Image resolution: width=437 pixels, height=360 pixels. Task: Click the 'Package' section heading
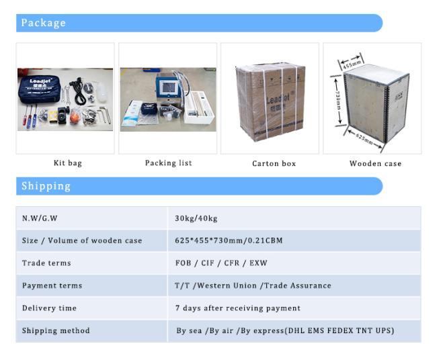pyautogui.click(x=44, y=23)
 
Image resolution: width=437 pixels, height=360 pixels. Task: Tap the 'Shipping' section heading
pyautogui.click(x=46, y=186)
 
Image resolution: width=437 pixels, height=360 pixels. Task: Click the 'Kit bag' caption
pyautogui.click(x=67, y=163)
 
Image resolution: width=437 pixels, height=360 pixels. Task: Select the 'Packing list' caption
pyautogui.click(x=168, y=163)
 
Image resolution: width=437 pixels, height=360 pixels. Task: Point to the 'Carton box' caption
pyautogui.click(x=274, y=163)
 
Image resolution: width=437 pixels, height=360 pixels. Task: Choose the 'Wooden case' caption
pyautogui.click(x=375, y=163)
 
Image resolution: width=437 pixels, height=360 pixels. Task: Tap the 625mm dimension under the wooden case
pyautogui.click(x=364, y=138)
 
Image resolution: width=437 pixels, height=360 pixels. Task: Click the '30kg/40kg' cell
pyautogui.click(x=196, y=218)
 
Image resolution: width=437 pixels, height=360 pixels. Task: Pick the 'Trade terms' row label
pyautogui.click(x=46, y=263)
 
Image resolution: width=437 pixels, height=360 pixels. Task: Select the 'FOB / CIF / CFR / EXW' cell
pyautogui.click(x=221, y=263)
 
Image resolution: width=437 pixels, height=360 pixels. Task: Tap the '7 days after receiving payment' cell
pyautogui.click(x=237, y=308)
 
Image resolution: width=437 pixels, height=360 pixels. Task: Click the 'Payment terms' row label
pyautogui.click(x=52, y=285)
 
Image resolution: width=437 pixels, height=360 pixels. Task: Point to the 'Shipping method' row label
pyautogui.click(x=56, y=330)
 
